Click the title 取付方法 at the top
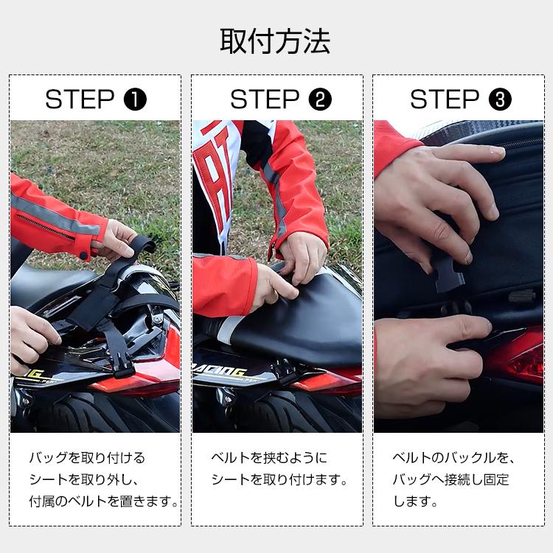click(276, 41)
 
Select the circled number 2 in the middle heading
click(319, 99)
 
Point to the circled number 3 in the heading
click(500, 99)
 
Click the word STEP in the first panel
click(80, 99)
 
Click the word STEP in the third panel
click(445, 99)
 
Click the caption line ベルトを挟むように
click(268, 458)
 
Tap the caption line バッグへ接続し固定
click(450, 480)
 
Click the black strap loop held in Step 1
click(144, 247)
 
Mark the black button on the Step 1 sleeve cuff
click(83, 255)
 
